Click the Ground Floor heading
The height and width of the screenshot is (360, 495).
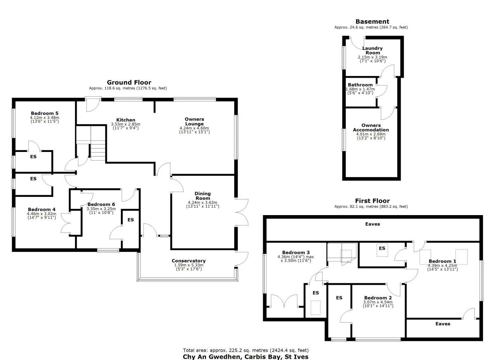[x=129, y=83]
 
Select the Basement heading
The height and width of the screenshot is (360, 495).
[x=372, y=21]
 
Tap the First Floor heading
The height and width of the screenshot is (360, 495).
[x=372, y=201]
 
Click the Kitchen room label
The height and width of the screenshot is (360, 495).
[x=126, y=120]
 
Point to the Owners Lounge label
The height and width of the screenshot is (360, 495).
[x=194, y=121]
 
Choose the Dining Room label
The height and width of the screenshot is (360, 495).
[x=203, y=196]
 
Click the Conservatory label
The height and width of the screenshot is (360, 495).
[x=189, y=261]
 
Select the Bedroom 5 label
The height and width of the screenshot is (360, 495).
[x=45, y=113]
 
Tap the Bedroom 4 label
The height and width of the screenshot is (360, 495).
[x=42, y=209]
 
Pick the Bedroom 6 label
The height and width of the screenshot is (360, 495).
[x=101, y=204]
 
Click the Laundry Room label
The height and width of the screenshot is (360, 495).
[x=372, y=50]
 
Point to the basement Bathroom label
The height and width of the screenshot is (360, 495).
[x=360, y=85]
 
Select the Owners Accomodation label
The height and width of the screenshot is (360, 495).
[x=371, y=128]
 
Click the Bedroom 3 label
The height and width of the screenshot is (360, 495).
[x=296, y=252]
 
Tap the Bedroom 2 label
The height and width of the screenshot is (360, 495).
[x=378, y=298]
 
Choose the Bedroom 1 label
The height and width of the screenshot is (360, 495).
[x=442, y=261]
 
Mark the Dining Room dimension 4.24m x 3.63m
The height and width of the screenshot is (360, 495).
[x=203, y=202]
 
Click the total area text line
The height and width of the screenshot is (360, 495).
[x=246, y=350]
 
